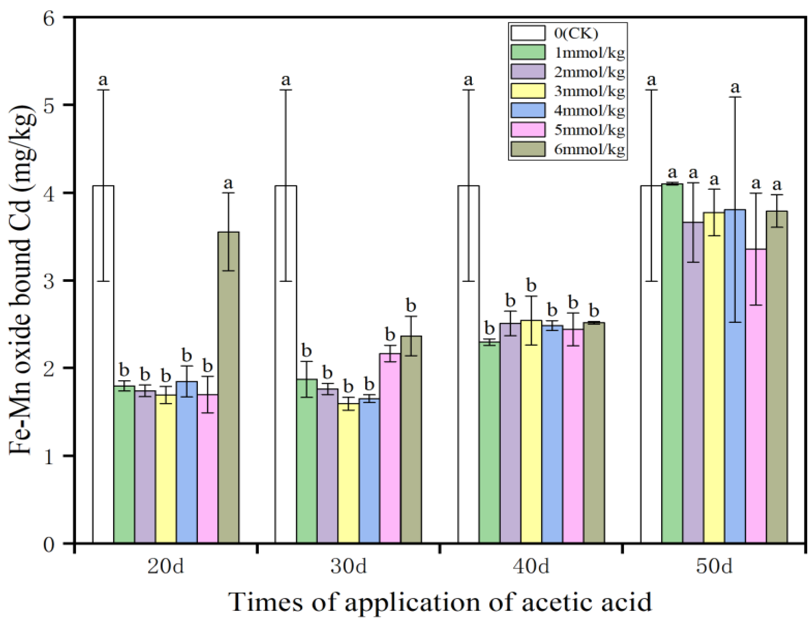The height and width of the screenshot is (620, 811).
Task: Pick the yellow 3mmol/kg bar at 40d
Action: tap(531, 432)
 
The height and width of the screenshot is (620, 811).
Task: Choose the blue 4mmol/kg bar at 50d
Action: tap(735, 376)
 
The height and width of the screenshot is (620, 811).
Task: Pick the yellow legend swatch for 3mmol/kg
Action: tap(528, 91)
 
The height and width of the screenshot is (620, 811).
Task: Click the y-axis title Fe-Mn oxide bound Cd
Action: tap(24, 281)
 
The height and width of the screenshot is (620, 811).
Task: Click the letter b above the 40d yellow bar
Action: tap(531, 285)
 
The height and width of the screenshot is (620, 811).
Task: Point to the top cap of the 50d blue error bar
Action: tap(735, 97)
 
